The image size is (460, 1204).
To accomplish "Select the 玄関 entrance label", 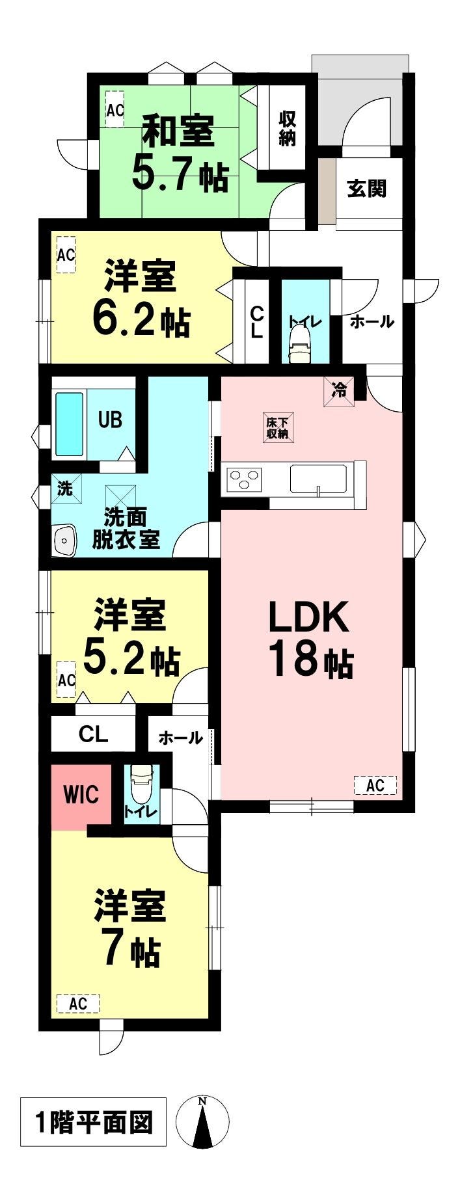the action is pos(366,189).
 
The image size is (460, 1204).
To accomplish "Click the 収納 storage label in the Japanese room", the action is pos(287,128).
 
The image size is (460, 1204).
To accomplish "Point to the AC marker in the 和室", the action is pos(115,109).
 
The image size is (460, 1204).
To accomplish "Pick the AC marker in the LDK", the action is pos(375,785).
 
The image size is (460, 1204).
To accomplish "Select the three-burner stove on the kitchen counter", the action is pos(244,480).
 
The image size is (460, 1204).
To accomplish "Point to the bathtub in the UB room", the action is pos(69,423).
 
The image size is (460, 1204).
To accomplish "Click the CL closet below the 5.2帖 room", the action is pos(93,734).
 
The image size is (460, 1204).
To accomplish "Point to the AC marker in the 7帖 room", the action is pos(78,1003).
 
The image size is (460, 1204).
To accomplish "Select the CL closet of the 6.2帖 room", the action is pos(257,321).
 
